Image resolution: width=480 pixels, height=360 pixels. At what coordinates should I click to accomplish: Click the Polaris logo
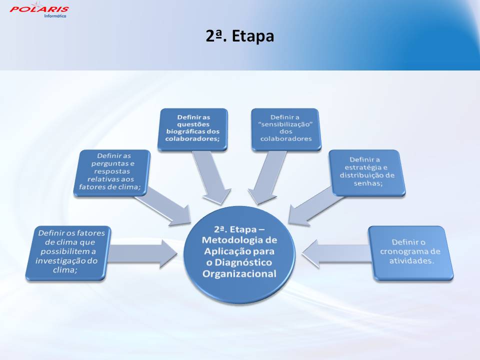coord(39,9)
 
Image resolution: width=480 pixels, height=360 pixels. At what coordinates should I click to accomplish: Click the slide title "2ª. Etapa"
coord(239,36)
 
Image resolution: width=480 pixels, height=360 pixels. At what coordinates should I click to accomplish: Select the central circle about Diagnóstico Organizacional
coord(239,254)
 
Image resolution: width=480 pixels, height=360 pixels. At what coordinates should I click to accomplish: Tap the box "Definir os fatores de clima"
coord(68,253)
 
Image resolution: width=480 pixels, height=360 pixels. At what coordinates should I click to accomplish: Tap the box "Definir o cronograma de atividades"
coord(410,253)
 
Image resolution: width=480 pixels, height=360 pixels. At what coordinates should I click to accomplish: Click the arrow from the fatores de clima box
coord(142,254)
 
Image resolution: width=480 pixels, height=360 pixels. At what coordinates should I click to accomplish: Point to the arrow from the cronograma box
coord(336,254)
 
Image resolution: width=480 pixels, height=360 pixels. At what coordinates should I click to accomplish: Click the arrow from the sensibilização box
coord(267,177)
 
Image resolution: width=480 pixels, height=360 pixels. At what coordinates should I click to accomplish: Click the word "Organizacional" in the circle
coord(239,273)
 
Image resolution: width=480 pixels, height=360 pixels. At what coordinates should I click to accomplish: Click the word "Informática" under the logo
coord(55,16)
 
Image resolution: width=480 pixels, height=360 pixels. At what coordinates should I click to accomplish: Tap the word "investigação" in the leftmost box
coord(62,261)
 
